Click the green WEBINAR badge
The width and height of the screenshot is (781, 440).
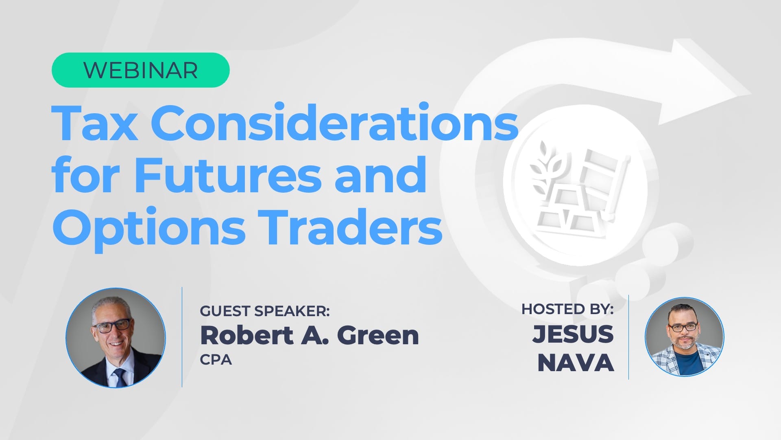coord(140,70)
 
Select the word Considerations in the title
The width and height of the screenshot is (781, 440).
coord(337,122)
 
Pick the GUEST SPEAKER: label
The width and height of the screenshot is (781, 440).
coord(265,311)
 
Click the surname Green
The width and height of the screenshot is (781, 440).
coord(378,335)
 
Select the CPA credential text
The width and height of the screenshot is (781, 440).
coord(216,360)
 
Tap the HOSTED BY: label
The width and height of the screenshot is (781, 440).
coord(567,309)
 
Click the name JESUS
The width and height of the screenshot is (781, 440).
coord(573,334)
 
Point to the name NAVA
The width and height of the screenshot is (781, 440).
coord(576,363)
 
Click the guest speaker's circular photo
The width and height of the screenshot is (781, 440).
coord(116,338)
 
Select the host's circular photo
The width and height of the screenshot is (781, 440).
coord(684,337)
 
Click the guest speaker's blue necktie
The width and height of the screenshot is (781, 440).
coord(120,377)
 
